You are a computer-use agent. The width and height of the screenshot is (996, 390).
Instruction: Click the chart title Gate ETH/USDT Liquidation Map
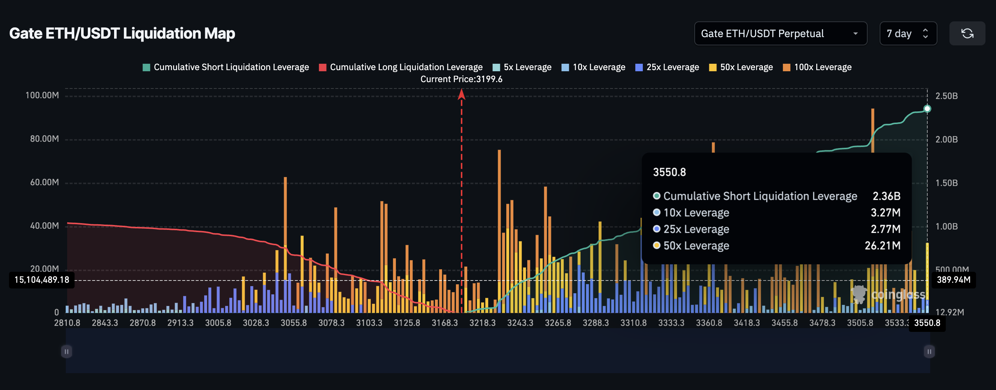point(122,34)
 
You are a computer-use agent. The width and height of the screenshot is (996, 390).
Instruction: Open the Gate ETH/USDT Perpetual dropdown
point(780,34)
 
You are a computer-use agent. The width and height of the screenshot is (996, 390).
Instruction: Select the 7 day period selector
point(907,34)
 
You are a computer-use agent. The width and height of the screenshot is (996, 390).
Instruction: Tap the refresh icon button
point(967,34)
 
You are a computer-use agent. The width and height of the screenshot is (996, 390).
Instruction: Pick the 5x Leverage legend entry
point(522,67)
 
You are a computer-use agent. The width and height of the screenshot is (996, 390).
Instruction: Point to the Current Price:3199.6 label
point(461,79)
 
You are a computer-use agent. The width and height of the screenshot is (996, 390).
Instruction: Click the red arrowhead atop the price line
point(461,94)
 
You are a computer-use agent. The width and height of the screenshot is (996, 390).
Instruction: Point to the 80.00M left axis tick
point(44,139)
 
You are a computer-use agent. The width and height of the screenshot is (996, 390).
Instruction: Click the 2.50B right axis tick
point(946,96)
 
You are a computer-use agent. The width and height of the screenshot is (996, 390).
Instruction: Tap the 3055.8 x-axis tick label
point(293,323)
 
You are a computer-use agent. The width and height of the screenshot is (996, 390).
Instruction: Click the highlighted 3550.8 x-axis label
point(927,323)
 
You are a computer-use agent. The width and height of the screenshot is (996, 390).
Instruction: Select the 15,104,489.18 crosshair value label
point(42,280)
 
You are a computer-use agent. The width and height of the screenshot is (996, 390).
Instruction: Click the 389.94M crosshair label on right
point(954,280)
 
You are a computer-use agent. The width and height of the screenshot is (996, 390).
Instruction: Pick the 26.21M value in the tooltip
point(882,246)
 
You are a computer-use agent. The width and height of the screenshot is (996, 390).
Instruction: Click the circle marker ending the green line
point(927,109)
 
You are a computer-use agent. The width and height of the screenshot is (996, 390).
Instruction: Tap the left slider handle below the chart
point(66,351)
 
